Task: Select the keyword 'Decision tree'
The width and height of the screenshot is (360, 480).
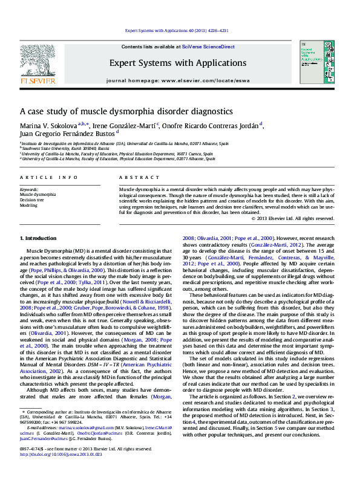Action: coord(31,199)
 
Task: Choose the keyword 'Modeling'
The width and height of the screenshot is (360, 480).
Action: coord(28,205)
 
